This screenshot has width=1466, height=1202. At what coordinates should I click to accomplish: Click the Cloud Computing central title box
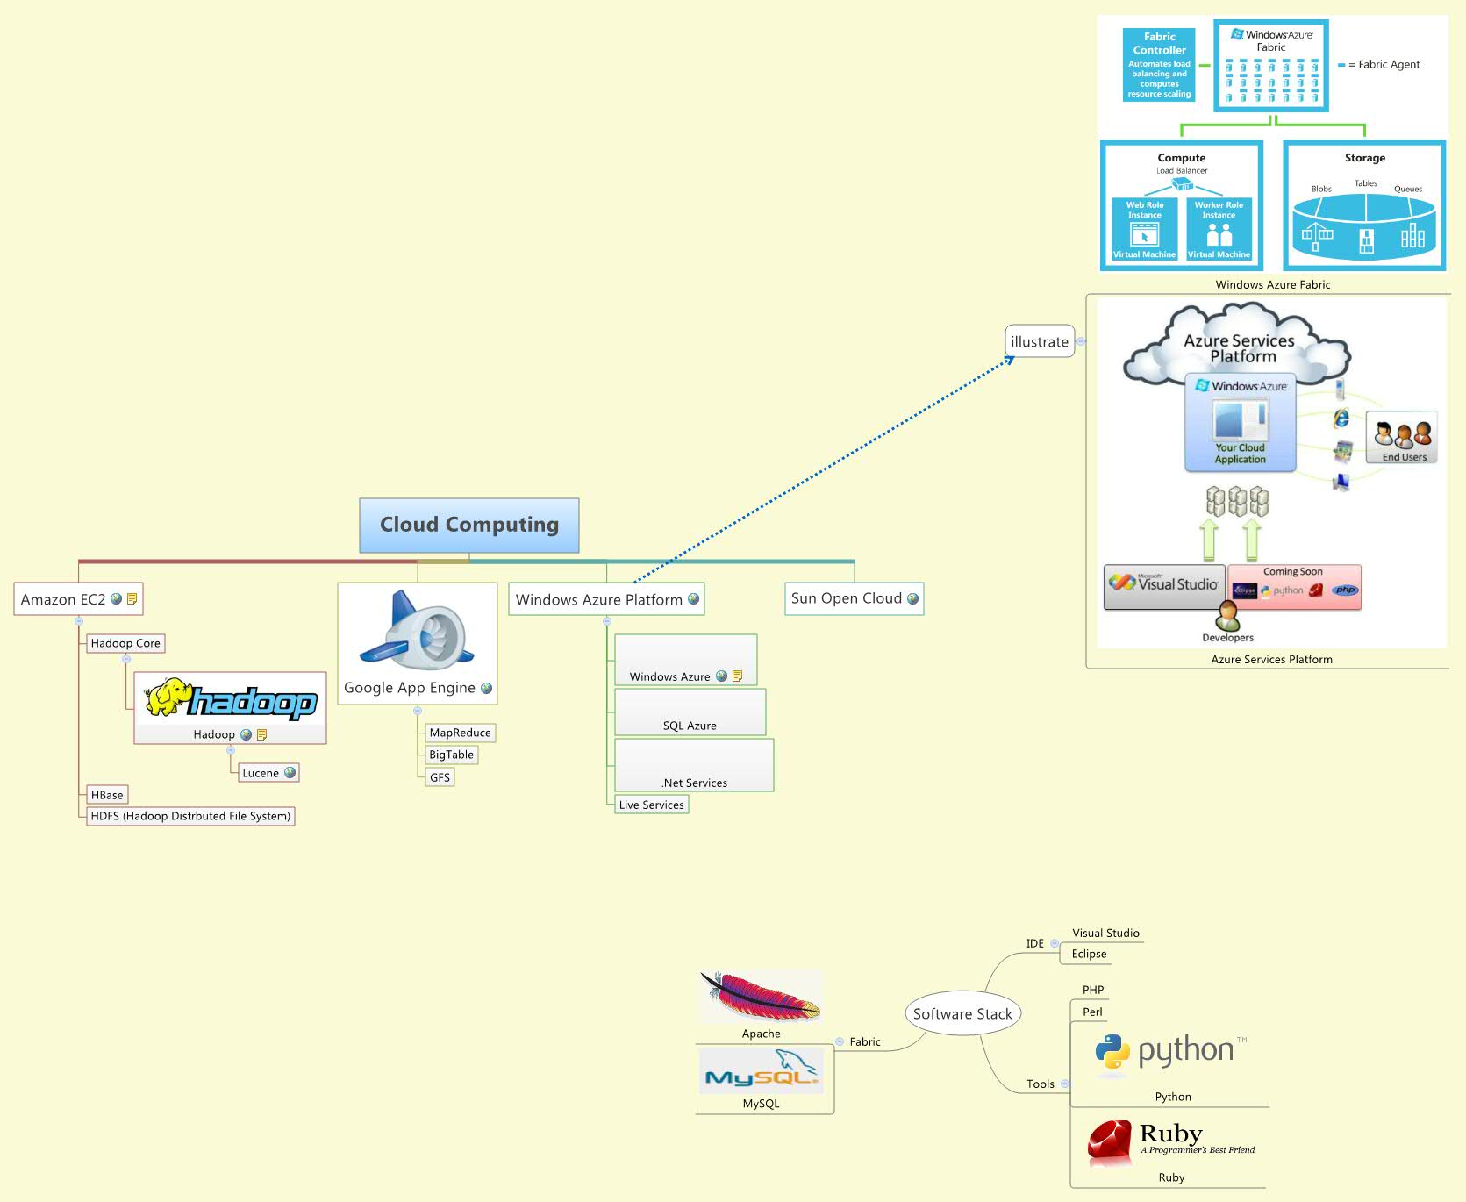pos(468,525)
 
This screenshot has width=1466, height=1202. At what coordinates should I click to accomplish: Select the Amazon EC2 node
pos(63,599)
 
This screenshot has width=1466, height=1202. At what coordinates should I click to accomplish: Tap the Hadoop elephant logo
pos(230,700)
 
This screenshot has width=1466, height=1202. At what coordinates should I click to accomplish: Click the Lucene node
pos(261,773)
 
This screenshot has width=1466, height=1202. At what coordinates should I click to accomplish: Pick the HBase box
pos(107,795)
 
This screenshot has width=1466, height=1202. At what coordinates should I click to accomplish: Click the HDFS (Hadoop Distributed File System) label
pos(190,816)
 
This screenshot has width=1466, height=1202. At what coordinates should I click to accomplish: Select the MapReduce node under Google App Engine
pos(460,733)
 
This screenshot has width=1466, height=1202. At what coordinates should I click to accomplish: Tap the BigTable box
pos(451,755)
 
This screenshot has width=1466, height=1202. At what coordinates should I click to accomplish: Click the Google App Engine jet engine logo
pos(418,633)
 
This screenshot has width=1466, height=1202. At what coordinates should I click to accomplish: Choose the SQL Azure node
pos(690,725)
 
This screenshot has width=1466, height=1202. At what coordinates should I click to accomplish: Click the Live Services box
pos(651,805)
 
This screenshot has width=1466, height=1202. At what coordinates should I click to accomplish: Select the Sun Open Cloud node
pos(847,598)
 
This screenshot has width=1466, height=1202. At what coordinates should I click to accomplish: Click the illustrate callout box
pos(1039,342)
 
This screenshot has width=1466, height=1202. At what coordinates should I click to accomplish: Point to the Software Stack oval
pos(962,1013)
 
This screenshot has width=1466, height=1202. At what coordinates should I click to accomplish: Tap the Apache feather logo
pos(761,998)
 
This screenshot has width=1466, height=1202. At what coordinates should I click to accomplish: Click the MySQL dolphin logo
pos(762,1070)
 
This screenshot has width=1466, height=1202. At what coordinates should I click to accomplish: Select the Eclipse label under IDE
pos(1089,954)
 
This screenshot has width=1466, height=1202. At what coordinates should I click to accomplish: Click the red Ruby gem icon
pos(1110,1141)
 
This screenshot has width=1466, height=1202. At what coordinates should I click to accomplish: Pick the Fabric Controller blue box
pos(1159,65)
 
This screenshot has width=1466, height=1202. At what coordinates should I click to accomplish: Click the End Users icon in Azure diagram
pos(1402,437)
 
